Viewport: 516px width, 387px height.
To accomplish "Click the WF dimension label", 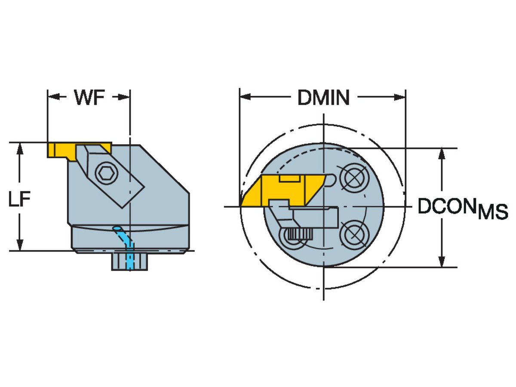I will point(89,98).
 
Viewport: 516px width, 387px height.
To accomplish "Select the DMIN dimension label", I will point(323,98).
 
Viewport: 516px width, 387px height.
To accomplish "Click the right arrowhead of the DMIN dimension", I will point(400,98).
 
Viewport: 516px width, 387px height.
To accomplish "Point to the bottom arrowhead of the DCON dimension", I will point(442,261).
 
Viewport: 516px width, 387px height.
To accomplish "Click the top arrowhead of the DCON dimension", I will point(442,154).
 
